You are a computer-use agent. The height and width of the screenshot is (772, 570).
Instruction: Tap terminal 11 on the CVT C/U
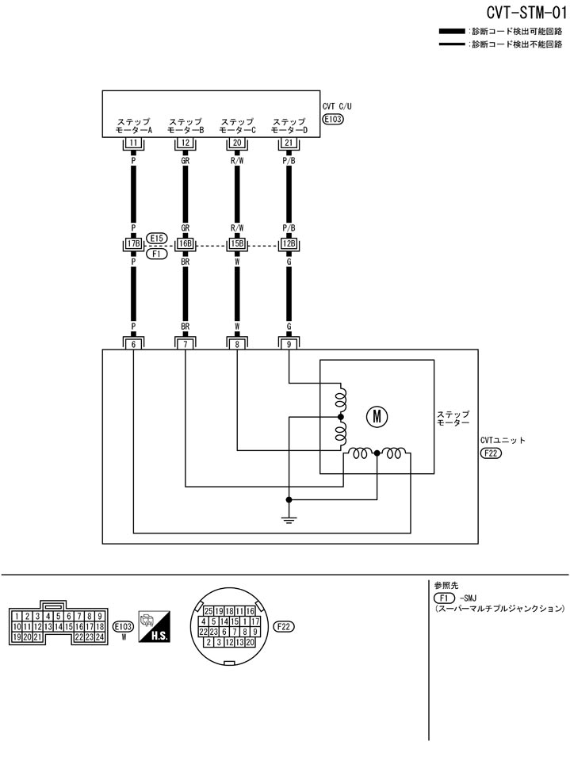[x=134, y=143]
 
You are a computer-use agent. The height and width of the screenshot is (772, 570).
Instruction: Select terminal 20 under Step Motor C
[x=237, y=143]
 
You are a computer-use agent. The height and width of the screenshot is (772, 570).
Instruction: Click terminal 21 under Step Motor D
[x=289, y=143]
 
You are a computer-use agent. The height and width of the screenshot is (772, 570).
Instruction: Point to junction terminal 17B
[x=134, y=244]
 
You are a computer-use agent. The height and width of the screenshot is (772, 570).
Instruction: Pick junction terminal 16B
[x=186, y=244]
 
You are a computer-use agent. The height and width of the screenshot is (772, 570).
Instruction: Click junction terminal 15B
[x=237, y=244]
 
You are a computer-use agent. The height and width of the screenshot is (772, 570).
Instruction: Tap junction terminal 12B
[x=289, y=244]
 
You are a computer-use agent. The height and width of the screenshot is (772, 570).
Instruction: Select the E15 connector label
[x=157, y=238]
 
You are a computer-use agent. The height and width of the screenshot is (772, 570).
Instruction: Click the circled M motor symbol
[x=373, y=415]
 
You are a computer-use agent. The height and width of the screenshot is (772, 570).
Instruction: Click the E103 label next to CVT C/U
[x=333, y=120]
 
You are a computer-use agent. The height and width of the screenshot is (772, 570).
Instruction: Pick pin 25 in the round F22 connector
[x=209, y=611]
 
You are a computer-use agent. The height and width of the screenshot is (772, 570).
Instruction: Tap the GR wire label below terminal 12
[x=186, y=159]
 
